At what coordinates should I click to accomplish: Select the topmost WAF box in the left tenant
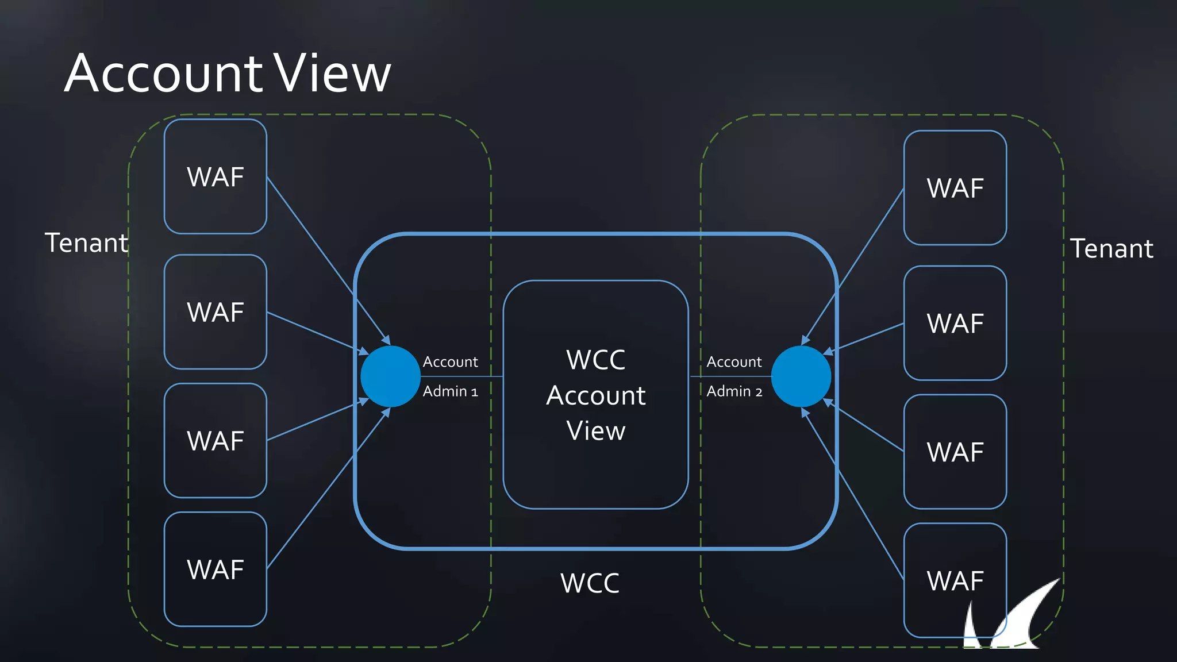(216, 176)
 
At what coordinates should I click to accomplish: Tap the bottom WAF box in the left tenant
(216, 569)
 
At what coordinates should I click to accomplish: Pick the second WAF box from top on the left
(216, 312)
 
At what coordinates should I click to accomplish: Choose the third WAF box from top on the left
(216, 441)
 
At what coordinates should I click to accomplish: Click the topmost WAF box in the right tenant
(955, 188)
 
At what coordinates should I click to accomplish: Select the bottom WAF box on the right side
(955, 580)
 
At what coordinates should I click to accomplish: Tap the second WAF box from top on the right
(955, 323)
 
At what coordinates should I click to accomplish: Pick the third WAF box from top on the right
(955, 452)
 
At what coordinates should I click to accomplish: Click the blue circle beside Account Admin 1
(390, 376)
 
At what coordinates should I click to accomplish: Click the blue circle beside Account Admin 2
(801, 376)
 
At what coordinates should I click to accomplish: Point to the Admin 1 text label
(450, 391)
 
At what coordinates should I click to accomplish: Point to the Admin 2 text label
(734, 391)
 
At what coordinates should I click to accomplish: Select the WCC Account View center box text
(596, 395)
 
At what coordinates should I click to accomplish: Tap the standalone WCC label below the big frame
(590, 583)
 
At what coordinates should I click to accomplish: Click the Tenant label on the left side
(86, 243)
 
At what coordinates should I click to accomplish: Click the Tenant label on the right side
(1111, 249)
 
